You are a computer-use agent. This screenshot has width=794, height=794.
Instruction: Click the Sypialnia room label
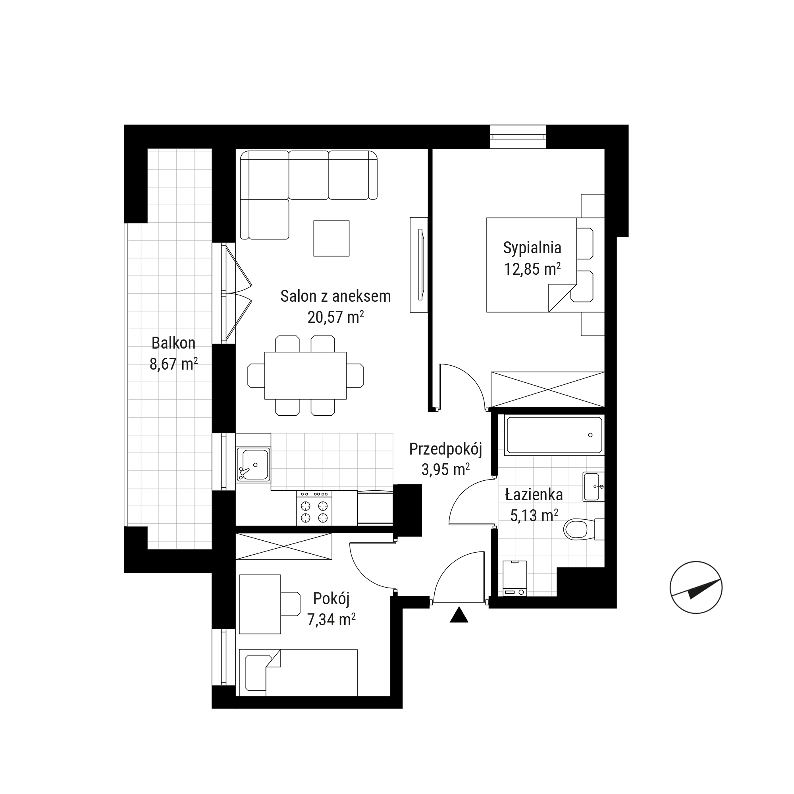[532, 248]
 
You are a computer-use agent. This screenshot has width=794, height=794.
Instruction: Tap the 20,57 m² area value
[335, 317]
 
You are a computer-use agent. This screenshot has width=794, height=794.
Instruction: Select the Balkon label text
[173, 343]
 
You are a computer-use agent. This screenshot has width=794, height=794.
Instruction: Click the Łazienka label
[534, 495]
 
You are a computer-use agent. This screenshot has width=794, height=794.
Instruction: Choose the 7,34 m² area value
[331, 619]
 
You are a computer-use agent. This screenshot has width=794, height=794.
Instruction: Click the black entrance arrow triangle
[459, 615]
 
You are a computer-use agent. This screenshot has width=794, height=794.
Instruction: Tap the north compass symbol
[696, 588]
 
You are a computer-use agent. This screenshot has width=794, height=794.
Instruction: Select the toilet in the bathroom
[584, 530]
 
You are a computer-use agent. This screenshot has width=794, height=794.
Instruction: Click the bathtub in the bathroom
[554, 435]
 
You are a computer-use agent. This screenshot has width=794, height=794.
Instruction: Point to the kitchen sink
[253, 464]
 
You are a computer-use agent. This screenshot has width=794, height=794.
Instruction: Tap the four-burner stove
[314, 508]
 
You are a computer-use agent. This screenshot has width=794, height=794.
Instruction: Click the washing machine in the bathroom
[515, 579]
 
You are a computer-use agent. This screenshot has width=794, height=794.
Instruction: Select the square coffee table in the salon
[331, 238]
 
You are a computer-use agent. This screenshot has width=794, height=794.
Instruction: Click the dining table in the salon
[305, 376]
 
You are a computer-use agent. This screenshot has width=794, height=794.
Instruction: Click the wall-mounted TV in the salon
[419, 265]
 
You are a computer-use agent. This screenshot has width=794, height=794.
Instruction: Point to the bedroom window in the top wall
[518, 137]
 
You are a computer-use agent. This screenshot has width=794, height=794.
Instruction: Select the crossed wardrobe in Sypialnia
[547, 389]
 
